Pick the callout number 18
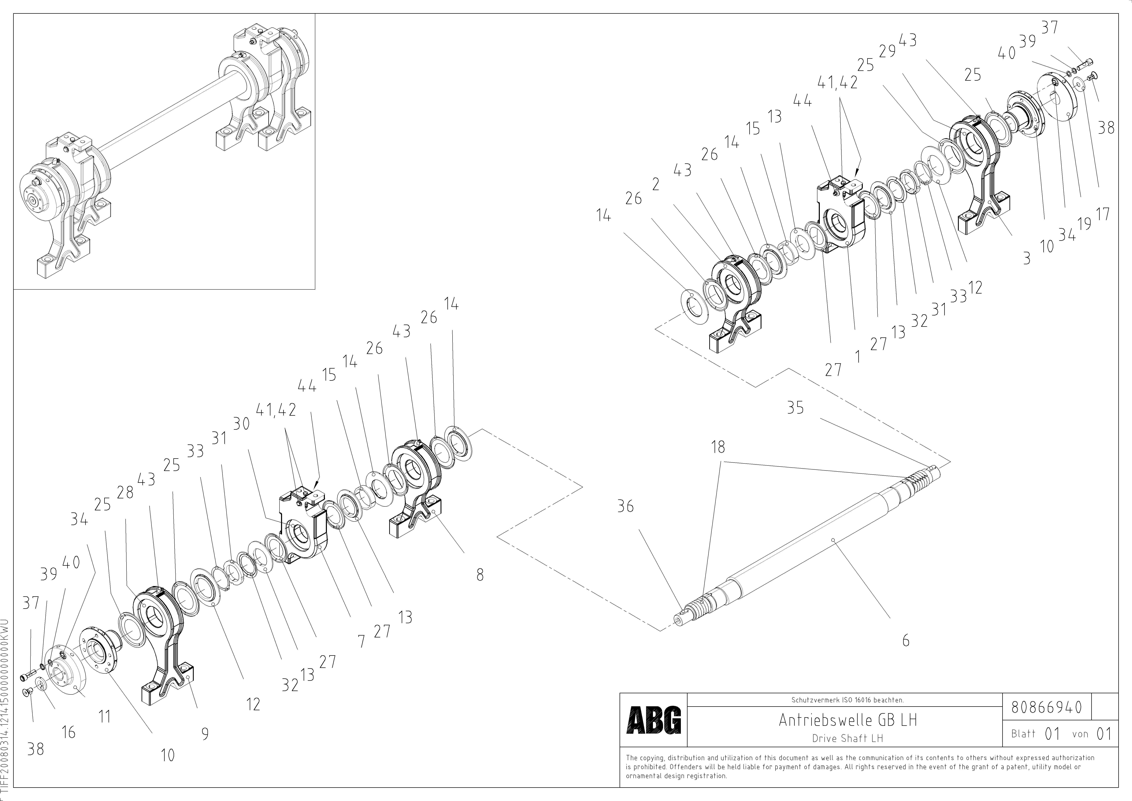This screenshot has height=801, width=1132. coord(718,447)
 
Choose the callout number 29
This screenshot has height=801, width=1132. coord(887,51)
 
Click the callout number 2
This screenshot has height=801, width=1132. coord(655,184)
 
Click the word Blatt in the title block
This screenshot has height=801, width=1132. coord(1023,734)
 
